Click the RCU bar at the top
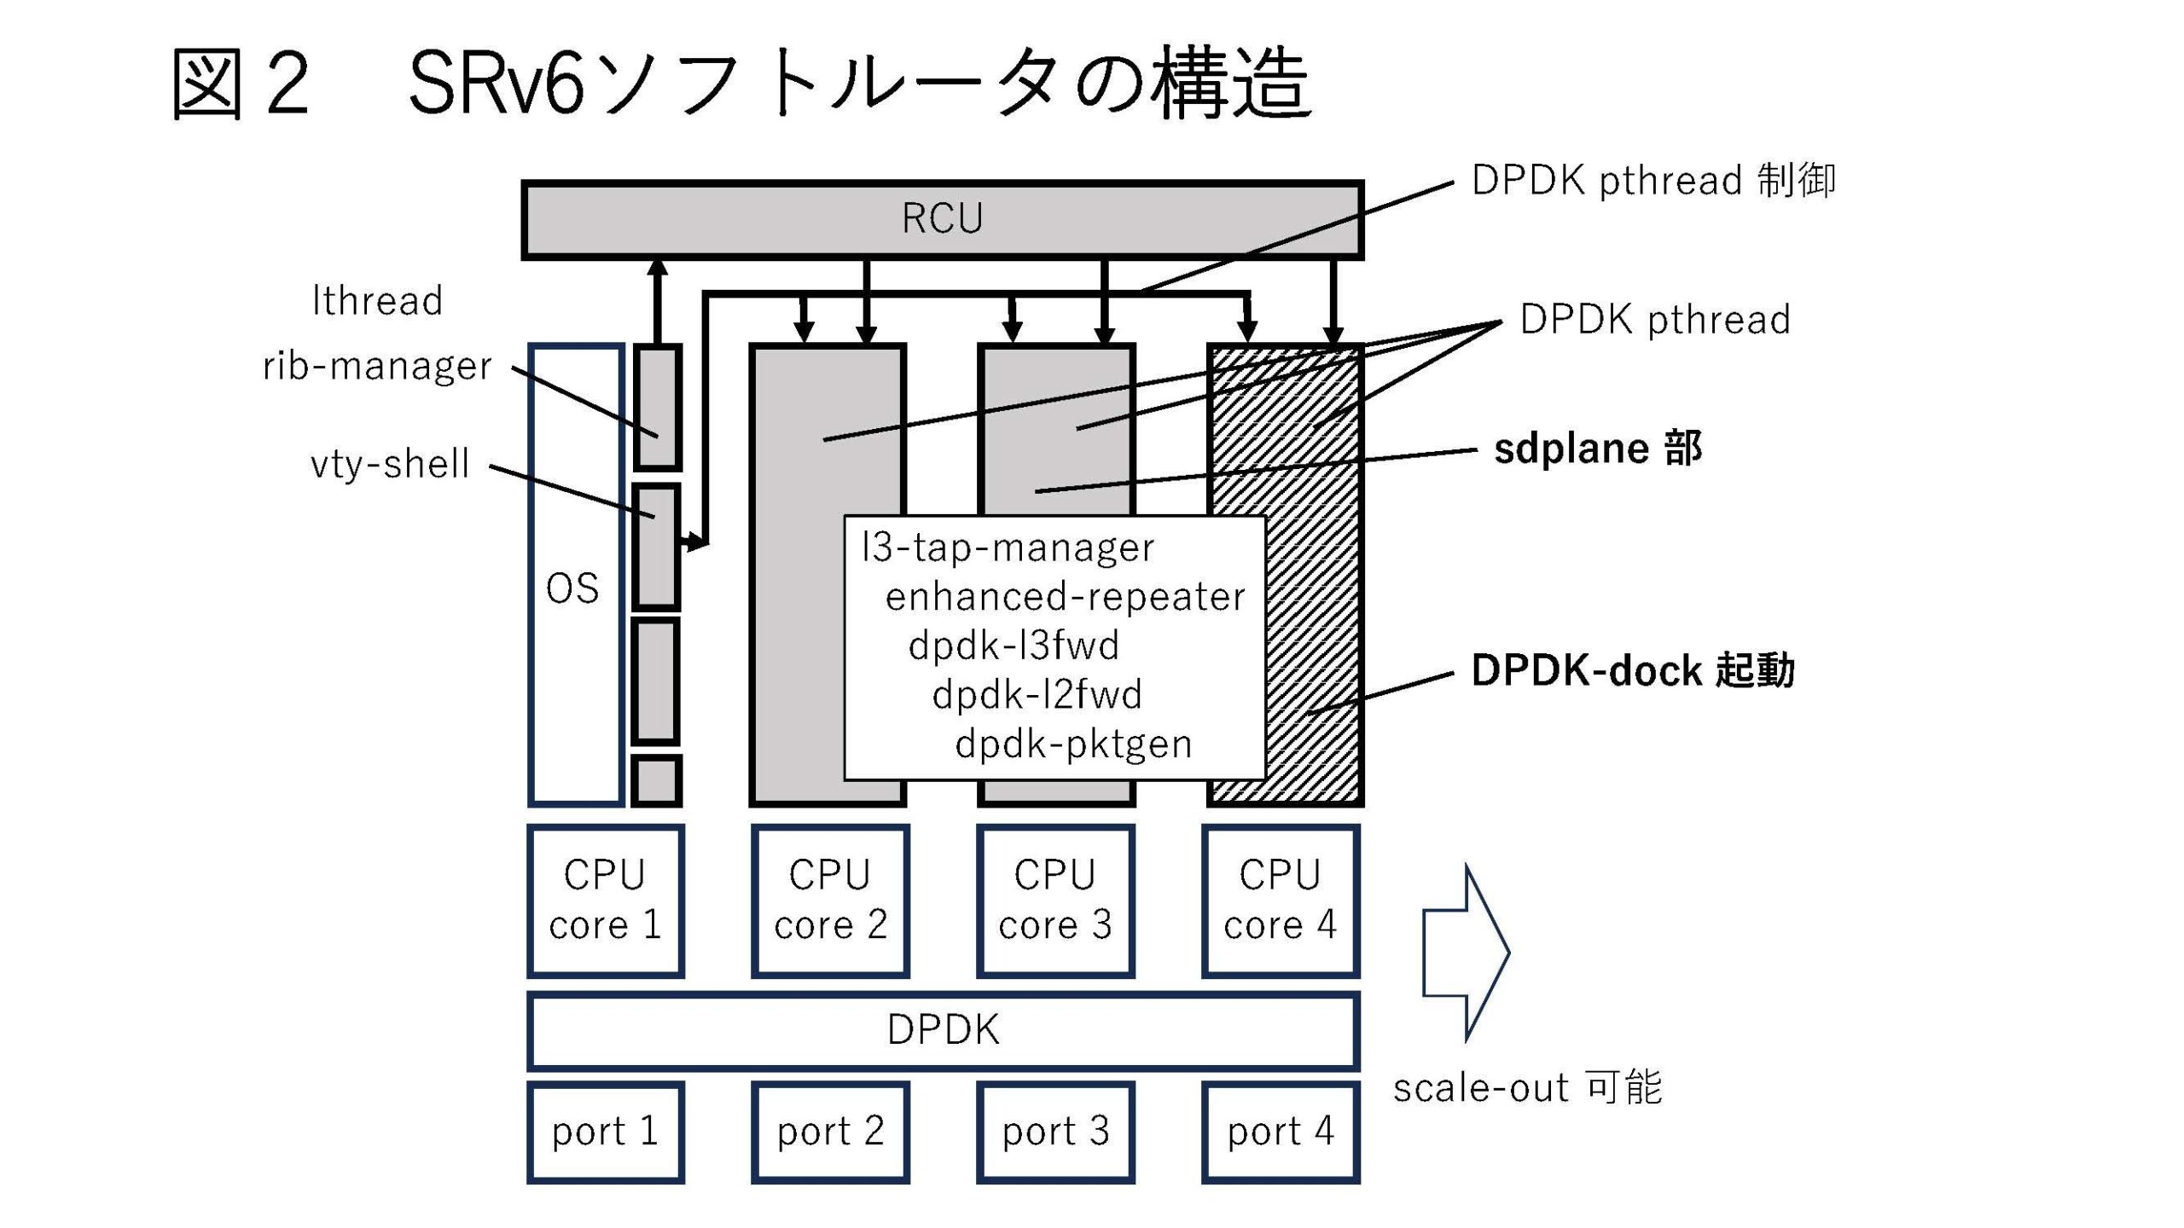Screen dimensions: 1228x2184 click(942, 219)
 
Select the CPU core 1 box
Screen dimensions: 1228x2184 click(606, 901)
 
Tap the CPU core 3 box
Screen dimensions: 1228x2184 click(1055, 901)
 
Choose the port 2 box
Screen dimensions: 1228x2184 click(830, 1132)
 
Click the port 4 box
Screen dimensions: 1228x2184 click(1281, 1132)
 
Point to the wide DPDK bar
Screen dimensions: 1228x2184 click(943, 1030)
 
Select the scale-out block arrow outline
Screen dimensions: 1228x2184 click(1466, 952)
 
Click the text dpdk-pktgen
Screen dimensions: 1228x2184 click(1073, 744)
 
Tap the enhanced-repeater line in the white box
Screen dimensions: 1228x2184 click(1065, 596)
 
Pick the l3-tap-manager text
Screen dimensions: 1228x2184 click(1008, 547)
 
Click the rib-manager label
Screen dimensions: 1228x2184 click(377, 366)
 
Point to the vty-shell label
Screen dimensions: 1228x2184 click(390, 465)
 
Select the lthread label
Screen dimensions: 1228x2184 click(377, 301)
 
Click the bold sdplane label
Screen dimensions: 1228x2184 click(1597, 449)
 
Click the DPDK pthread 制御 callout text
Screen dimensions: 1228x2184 click(1653, 181)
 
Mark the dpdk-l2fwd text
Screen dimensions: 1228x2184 click(1037, 694)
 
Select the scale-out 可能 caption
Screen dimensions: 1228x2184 click(1527, 1088)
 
